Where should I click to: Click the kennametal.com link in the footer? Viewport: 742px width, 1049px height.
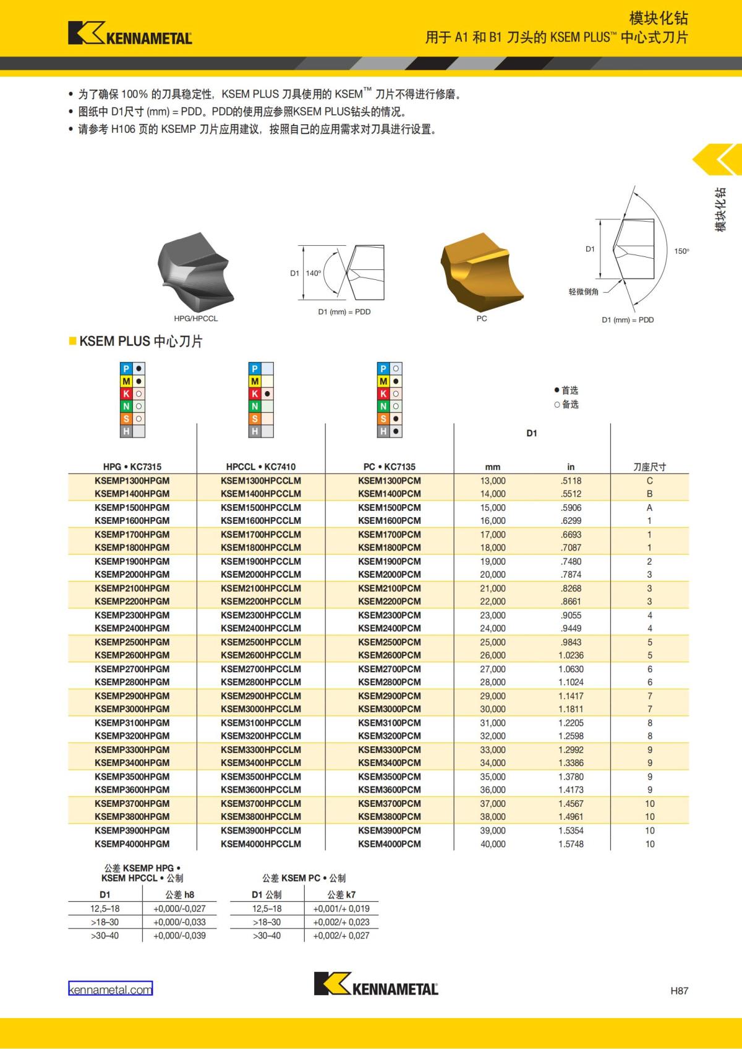click(110, 989)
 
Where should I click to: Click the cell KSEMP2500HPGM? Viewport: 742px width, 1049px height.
click(132, 642)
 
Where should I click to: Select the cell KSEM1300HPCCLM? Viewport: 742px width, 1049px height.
click(260, 481)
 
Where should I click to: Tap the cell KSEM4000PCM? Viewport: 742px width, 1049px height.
click(389, 844)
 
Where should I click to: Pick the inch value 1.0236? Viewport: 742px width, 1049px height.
click(570, 655)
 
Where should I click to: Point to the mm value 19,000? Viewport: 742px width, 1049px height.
click(492, 562)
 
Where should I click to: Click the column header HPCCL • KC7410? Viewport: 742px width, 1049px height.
click(260, 467)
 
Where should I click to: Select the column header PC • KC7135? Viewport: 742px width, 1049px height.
click(389, 467)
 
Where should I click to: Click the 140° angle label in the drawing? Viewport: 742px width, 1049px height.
click(313, 273)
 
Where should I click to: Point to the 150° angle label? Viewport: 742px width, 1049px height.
click(681, 251)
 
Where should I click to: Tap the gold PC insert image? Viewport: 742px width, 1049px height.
click(481, 272)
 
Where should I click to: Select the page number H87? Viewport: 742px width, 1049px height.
click(678, 991)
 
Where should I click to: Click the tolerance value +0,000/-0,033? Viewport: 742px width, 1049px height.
click(179, 922)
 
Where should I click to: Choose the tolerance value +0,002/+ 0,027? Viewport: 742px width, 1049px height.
click(341, 935)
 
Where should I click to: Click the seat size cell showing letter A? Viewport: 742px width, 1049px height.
click(649, 507)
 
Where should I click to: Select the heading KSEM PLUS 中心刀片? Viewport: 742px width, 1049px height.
click(140, 341)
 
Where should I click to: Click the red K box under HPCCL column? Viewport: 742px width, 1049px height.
click(255, 394)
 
